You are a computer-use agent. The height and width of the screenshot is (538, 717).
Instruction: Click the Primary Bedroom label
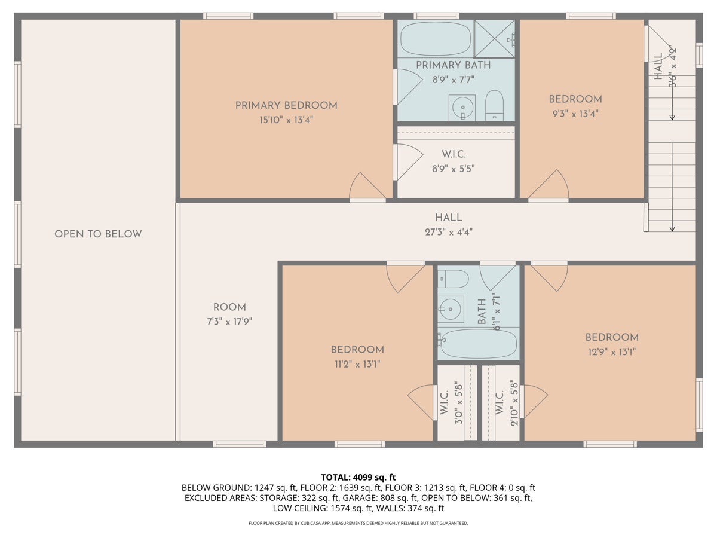click(286, 106)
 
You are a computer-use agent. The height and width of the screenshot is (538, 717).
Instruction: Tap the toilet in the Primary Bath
click(494, 106)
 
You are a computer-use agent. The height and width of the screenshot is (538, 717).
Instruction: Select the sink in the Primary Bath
click(462, 108)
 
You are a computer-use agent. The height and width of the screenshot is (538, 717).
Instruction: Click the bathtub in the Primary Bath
click(436, 39)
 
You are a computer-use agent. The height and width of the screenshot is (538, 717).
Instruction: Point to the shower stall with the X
click(495, 38)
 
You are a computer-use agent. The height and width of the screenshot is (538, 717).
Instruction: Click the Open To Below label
click(98, 234)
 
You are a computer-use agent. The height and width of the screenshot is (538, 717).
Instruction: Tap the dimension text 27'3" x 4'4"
click(449, 233)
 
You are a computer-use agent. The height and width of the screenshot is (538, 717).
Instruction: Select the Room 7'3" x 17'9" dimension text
click(229, 322)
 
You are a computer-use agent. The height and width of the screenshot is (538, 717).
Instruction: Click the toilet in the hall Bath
click(453, 279)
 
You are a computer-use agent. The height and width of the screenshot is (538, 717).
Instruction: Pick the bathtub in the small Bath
click(477, 344)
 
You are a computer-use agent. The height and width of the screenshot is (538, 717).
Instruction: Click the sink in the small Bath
click(451, 309)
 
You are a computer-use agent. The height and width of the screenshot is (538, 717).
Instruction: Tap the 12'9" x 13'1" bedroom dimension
click(612, 352)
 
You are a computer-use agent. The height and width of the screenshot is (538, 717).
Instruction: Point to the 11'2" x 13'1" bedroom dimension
click(357, 364)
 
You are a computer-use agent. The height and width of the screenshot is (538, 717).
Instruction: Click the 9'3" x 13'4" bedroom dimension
click(575, 114)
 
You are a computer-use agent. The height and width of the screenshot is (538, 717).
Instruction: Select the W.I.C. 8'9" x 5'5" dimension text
click(454, 169)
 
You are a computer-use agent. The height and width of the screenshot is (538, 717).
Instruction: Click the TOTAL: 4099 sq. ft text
click(358, 477)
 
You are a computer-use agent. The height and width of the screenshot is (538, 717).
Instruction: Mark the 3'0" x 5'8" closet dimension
click(459, 403)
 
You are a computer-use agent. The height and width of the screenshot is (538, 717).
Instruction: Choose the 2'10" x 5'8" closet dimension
click(514, 403)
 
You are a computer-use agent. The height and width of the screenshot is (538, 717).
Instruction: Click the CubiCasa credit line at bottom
click(358, 523)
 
